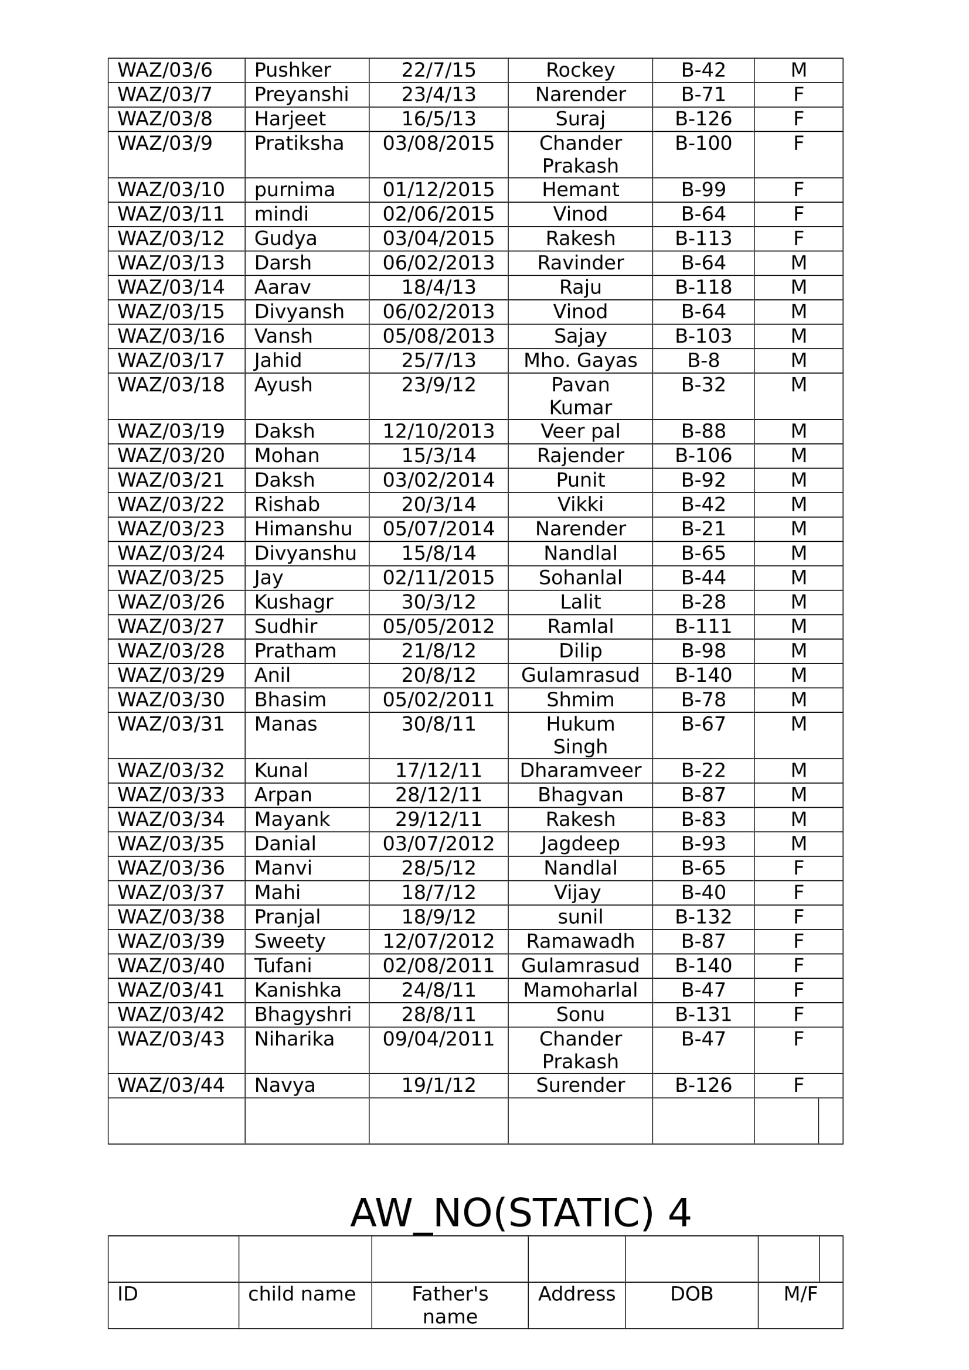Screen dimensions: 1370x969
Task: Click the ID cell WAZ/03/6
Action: pyautogui.click(x=165, y=70)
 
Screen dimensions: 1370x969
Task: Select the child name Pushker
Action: pyautogui.click(x=293, y=70)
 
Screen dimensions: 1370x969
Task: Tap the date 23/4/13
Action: pyautogui.click(x=438, y=95)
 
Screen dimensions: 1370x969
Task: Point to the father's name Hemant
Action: pyautogui.click(x=580, y=190)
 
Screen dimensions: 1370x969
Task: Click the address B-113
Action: pyautogui.click(x=703, y=238)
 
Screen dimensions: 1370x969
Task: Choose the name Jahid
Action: pyautogui.click(x=278, y=360)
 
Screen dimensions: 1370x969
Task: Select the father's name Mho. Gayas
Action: pyautogui.click(x=580, y=360)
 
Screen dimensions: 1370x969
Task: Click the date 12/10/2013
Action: pyautogui.click(x=438, y=432)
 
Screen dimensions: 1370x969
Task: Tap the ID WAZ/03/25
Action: pyautogui.click(x=171, y=578)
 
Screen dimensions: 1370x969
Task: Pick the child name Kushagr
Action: pyautogui.click(x=294, y=602)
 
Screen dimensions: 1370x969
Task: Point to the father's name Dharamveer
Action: pyautogui.click(x=580, y=770)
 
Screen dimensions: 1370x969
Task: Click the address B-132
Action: pyautogui.click(x=703, y=917)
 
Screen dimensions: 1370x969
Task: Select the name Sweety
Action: pyautogui.click(x=290, y=941)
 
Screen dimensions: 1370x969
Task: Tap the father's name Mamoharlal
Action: pyautogui.click(x=580, y=990)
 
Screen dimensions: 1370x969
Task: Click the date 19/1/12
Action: pyautogui.click(x=438, y=1085)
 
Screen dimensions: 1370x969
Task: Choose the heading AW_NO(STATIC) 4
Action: pyautogui.click(x=520, y=1213)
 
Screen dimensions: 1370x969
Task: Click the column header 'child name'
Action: pyautogui.click(x=301, y=1294)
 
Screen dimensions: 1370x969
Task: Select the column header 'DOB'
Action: pyautogui.click(x=691, y=1294)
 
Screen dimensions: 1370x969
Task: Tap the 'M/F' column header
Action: pyautogui.click(x=800, y=1294)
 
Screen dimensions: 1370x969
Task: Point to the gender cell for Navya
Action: pyautogui.click(x=798, y=1085)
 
